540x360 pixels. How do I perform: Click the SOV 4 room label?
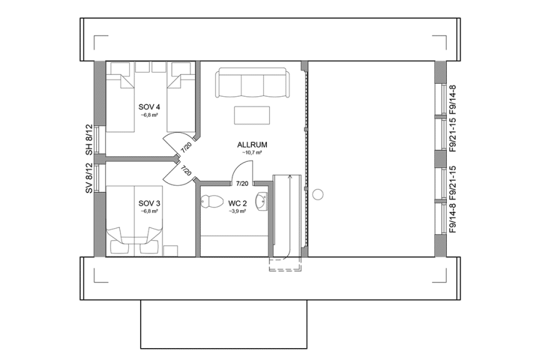(149, 106)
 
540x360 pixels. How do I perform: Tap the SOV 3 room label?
(149, 203)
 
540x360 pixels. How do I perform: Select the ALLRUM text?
(252, 144)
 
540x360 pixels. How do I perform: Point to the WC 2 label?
(237, 203)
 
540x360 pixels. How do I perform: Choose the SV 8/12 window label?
(89, 179)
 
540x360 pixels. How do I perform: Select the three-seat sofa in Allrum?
(252, 84)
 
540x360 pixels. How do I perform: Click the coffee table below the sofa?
(252, 116)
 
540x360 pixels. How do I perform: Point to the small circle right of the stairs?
(317, 194)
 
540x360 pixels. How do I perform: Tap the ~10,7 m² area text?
(252, 152)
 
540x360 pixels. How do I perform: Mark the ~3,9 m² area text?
(237, 211)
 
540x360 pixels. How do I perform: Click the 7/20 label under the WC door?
(241, 184)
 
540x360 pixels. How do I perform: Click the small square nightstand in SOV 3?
(170, 251)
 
